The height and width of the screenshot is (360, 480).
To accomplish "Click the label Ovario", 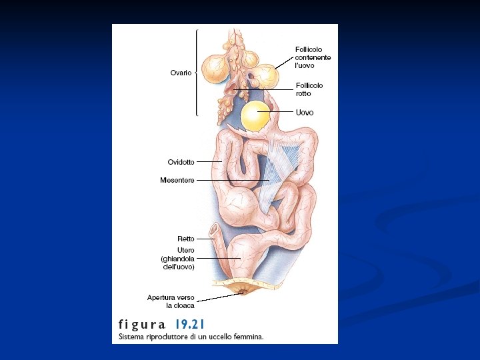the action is pyautogui.click(x=180, y=73).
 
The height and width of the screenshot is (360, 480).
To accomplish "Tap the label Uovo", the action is pyautogui.click(x=305, y=113).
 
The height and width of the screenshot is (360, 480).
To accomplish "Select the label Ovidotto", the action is pyautogui.click(x=181, y=162).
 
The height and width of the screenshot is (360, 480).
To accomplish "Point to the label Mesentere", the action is pyautogui.click(x=177, y=180).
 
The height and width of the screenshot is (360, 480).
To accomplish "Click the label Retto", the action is pyautogui.click(x=186, y=239).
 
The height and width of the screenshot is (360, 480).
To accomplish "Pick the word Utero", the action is pyautogui.click(x=186, y=250).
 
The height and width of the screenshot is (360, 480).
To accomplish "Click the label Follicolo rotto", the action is pyautogui.click(x=309, y=89).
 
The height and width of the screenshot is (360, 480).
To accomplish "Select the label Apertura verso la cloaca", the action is pyautogui.click(x=171, y=301).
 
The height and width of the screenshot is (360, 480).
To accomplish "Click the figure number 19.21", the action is pyautogui.click(x=190, y=325).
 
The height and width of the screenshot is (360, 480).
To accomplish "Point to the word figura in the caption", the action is pyautogui.click(x=142, y=325).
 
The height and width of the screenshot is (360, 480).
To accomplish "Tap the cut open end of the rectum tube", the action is pyautogui.click(x=214, y=231).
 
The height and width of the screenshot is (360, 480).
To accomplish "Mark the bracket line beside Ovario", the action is pyautogui.click(x=197, y=72).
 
